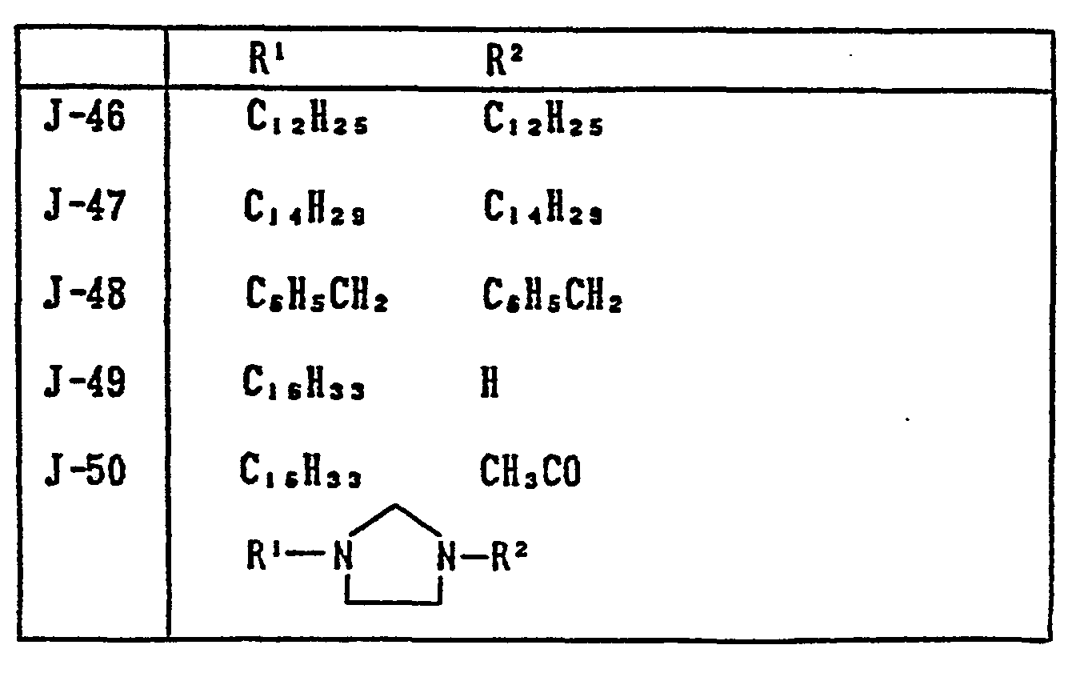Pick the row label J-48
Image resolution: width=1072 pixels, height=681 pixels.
click(84, 296)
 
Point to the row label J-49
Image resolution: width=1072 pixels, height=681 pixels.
click(84, 383)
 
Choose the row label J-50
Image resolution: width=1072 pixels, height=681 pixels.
click(84, 471)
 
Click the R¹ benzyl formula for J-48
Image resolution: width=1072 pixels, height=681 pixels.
click(317, 298)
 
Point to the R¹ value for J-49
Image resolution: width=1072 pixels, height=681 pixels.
click(305, 386)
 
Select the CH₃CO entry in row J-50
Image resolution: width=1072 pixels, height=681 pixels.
click(530, 472)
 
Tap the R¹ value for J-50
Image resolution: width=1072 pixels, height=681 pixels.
click(301, 473)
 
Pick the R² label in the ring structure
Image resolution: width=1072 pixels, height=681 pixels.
click(509, 555)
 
